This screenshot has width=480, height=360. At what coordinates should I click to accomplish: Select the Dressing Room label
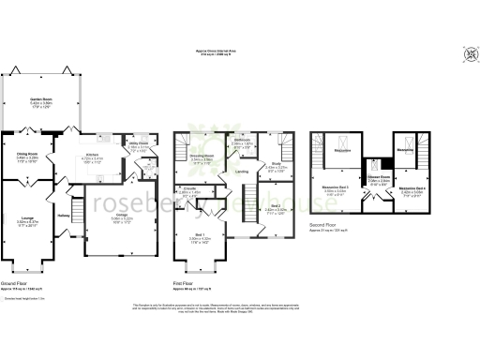click(x=202, y=157)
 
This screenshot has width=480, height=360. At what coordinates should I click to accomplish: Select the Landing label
click(x=242, y=172)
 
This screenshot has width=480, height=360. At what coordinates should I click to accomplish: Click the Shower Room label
click(x=379, y=176)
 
